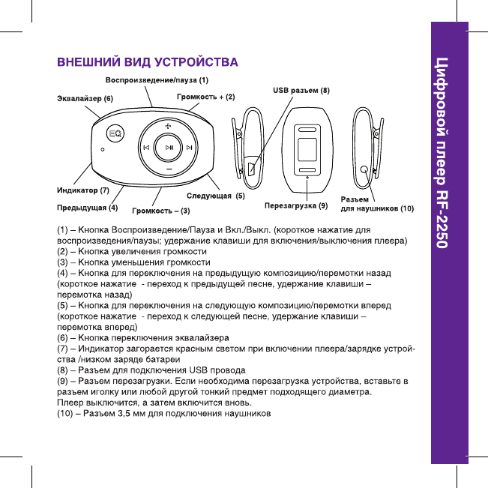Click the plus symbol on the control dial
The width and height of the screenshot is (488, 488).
169,124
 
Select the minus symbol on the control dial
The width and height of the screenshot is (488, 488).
169,169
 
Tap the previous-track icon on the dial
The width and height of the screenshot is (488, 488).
146,147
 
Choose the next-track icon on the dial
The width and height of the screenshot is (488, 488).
190,147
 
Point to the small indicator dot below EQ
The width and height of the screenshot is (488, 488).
103,148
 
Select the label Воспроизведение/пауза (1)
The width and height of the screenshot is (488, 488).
156,79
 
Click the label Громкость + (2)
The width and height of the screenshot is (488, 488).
205,97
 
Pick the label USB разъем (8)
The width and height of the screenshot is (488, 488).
300,91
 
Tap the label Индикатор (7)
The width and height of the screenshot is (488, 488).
84,190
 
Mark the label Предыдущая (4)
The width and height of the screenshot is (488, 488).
88,205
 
